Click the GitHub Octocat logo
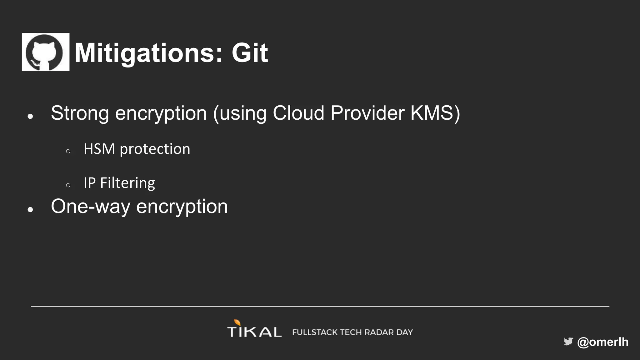point(46,52)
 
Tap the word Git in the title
point(249,53)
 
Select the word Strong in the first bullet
point(80,113)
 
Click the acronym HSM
point(99,149)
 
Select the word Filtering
point(127,183)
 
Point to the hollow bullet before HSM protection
point(68,151)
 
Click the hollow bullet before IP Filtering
point(68,185)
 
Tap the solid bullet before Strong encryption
point(30,117)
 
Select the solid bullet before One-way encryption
point(30,209)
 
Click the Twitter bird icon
point(568,342)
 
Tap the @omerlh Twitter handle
point(603,342)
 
